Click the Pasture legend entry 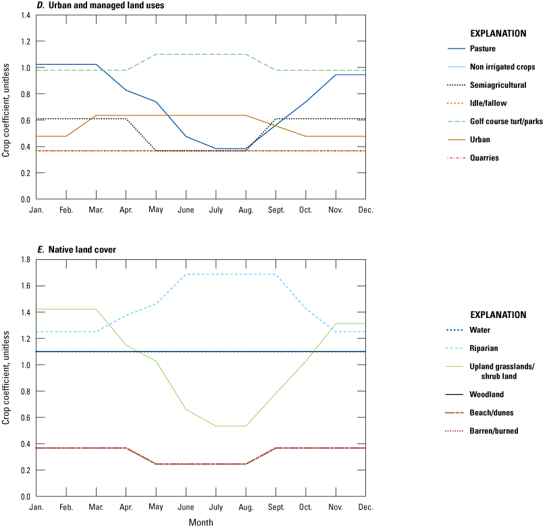(471, 49)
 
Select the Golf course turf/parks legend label (506, 122)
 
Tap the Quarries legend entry (473, 158)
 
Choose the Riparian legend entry (471, 348)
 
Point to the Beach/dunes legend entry (479, 413)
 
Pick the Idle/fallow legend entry (477, 103)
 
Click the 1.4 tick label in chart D (26, 16)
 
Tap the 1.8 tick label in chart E (26, 259)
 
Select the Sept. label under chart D (276, 210)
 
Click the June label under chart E (186, 507)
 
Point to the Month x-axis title (201, 523)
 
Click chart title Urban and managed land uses (107, 5)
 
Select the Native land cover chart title (82, 250)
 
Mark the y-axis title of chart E (5, 378)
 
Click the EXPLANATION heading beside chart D (498, 34)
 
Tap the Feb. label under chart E (66, 507)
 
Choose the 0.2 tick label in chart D (26, 173)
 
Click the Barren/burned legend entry (481, 431)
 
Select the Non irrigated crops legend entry (491, 67)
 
